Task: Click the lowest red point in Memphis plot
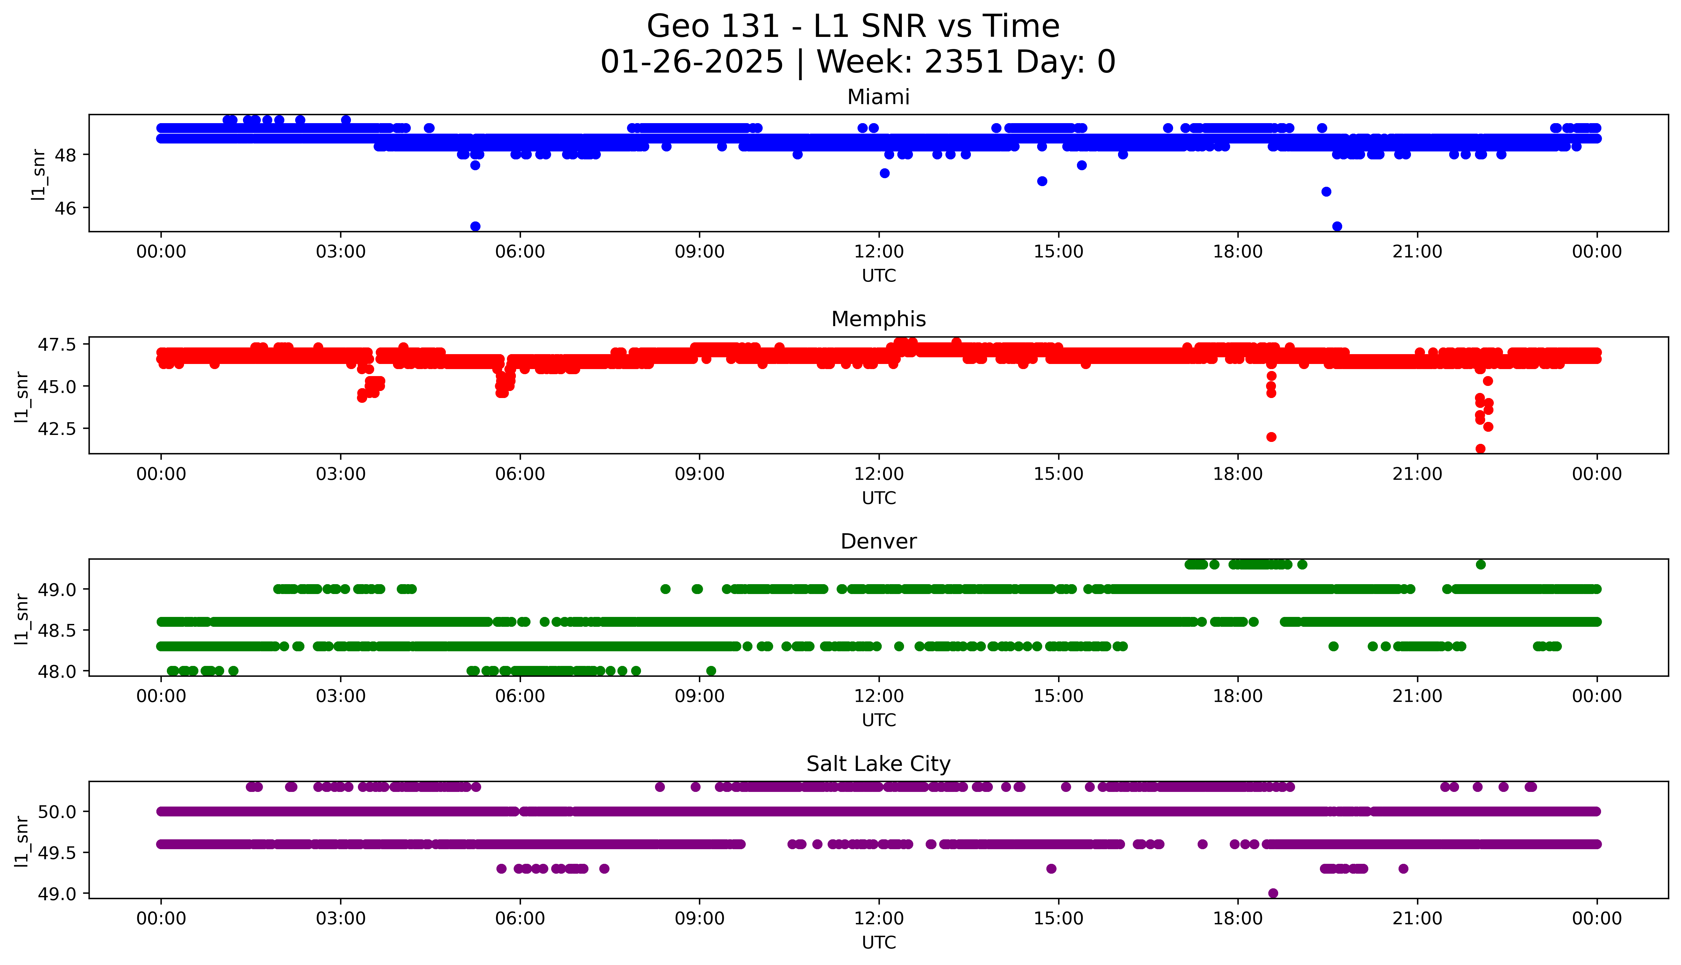(1480, 449)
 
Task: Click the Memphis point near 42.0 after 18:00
(1271, 437)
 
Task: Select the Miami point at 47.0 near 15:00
(1042, 181)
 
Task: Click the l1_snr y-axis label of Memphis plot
(22, 396)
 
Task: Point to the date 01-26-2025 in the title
(692, 62)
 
